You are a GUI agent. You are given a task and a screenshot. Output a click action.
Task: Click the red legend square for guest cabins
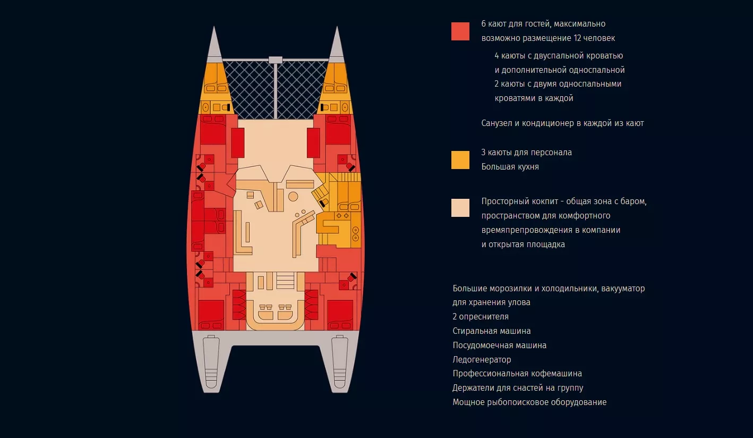(x=460, y=31)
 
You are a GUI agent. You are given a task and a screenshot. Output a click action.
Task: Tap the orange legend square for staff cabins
(x=460, y=160)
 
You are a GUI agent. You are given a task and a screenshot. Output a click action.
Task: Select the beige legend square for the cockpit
(x=460, y=207)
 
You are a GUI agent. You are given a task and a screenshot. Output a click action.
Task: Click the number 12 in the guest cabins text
(x=577, y=38)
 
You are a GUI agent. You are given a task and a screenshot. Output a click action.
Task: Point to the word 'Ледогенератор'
(x=482, y=360)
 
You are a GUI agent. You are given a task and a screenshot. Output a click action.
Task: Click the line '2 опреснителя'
(x=481, y=317)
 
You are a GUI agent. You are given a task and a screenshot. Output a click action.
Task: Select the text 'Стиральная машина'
(x=491, y=331)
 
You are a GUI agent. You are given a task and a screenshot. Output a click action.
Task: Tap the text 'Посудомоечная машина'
(x=500, y=345)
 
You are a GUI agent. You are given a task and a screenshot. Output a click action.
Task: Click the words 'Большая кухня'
(x=510, y=167)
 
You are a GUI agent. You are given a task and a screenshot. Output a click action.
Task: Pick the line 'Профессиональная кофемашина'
(x=517, y=374)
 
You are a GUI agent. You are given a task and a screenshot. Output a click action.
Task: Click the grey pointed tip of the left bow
(x=214, y=28)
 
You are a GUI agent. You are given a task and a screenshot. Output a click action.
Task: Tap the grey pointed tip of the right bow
(x=337, y=28)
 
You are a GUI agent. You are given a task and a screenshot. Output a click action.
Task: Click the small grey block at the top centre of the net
(x=275, y=60)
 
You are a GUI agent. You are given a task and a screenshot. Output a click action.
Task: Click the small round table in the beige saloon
(x=293, y=197)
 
